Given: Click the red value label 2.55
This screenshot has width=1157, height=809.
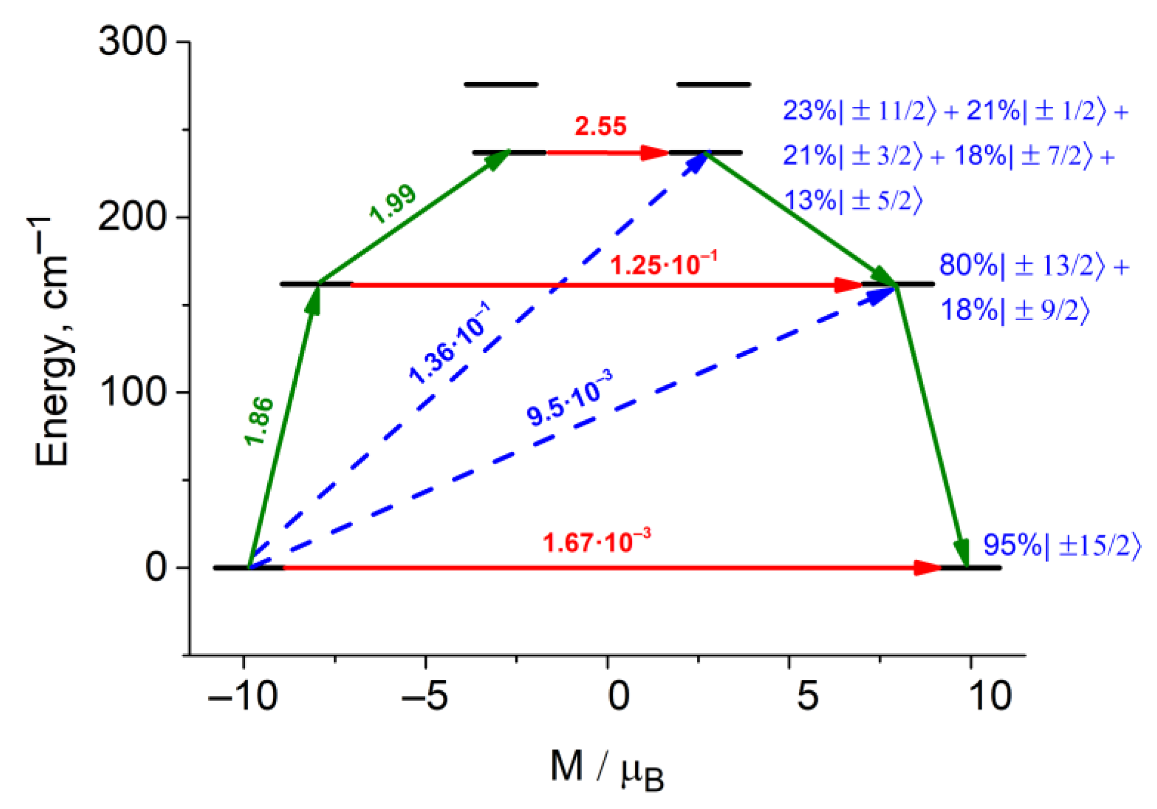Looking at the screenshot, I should tap(600, 126).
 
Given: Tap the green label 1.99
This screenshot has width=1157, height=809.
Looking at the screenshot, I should tap(393, 204).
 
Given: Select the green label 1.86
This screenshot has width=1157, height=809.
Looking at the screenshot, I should tap(259, 421).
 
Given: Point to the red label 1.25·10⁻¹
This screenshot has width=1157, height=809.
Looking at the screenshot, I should tap(663, 263).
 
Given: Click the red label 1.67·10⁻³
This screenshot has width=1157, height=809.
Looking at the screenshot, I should tap(596, 541).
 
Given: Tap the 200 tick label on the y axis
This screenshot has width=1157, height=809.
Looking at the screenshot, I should tap(132, 217).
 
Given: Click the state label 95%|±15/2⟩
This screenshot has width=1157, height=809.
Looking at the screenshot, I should tap(1061, 545).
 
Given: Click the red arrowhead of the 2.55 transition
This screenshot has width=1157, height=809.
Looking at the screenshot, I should tap(655, 152).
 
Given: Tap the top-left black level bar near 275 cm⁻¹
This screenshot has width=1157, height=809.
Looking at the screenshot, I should tap(501, 84).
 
